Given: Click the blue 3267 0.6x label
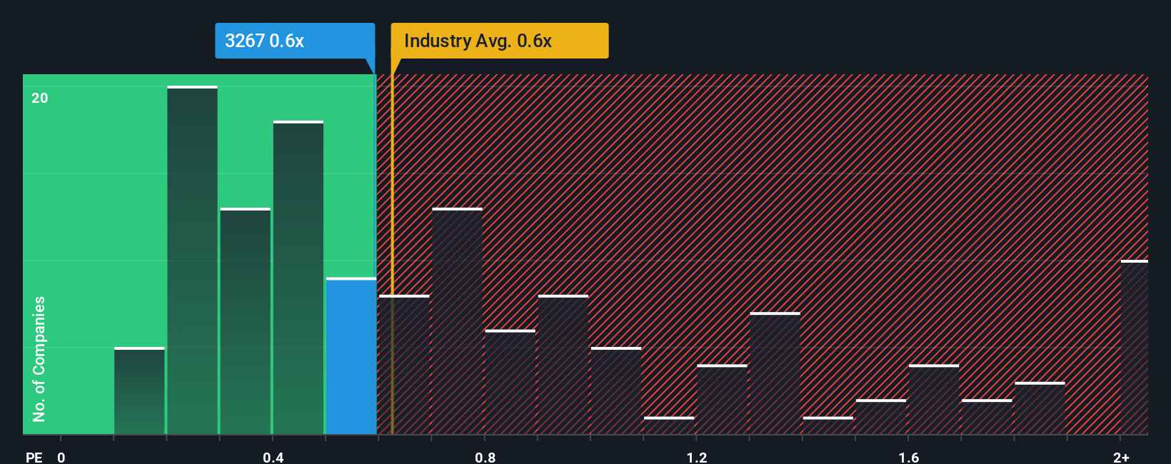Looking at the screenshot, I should coord(294,41).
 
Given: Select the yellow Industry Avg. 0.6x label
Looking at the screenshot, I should coord(499,41).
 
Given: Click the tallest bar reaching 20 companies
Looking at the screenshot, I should coord(192,261).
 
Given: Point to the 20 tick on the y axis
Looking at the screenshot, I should coord(40,98).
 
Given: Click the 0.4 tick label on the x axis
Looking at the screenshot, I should coord(273,457).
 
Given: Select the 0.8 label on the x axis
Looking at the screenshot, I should coord(485,457).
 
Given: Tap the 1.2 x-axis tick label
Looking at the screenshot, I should coord(697,457).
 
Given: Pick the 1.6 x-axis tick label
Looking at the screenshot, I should coord(908,457).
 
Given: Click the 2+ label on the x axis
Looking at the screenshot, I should coord(1121,457).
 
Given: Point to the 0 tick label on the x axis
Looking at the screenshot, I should coord(61,457).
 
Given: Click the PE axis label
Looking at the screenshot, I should coord(34,457).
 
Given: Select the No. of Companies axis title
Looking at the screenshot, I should coord(39,358).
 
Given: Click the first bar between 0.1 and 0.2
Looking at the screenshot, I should coord(139,391).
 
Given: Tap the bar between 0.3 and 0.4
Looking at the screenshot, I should coord(246,321).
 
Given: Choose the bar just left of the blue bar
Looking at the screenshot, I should coord(298,278).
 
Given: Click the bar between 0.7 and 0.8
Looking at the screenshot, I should coord(457,321).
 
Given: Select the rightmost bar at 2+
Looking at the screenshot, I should coord(1134,348).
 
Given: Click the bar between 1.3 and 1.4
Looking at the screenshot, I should coord(775,373).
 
